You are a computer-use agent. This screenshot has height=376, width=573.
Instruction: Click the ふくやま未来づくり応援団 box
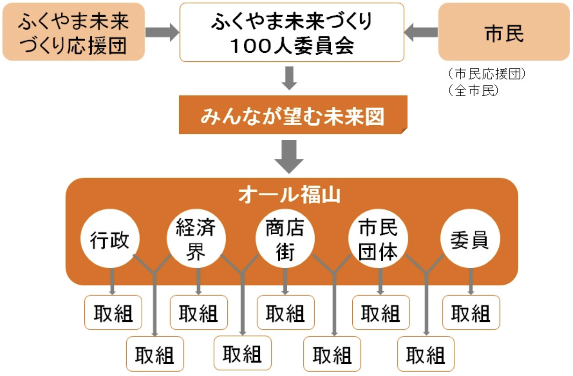pos(73,32)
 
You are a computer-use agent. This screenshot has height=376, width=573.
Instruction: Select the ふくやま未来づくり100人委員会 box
pos(291,32)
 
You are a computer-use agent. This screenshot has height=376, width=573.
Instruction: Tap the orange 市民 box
pos(504,32)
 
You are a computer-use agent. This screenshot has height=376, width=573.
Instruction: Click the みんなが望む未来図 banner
pos(292,115)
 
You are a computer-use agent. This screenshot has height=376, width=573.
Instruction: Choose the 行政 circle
pos(110,239)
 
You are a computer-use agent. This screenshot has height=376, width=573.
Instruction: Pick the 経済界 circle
pos(196,239)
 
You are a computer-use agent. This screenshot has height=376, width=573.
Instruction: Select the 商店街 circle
pos(285,239)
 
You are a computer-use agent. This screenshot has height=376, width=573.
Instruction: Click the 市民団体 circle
pos(378,239)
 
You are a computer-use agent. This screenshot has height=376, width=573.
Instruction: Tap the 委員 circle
pos(470,239)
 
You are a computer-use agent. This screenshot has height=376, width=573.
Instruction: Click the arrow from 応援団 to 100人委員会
pos(162,32)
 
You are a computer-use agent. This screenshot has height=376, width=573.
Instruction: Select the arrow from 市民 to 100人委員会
pos(421,32)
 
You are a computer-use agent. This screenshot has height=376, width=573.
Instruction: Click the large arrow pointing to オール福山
pos(289,156)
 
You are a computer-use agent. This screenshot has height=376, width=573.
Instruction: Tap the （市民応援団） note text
pos(487,74)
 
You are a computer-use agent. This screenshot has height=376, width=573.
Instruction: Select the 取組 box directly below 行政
pos(113,313)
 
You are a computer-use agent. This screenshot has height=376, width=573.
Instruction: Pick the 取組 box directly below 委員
pos(471,313)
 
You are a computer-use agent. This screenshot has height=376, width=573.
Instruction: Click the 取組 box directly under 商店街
pos(285,313)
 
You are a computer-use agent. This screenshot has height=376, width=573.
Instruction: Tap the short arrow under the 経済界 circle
pos(198,281)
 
